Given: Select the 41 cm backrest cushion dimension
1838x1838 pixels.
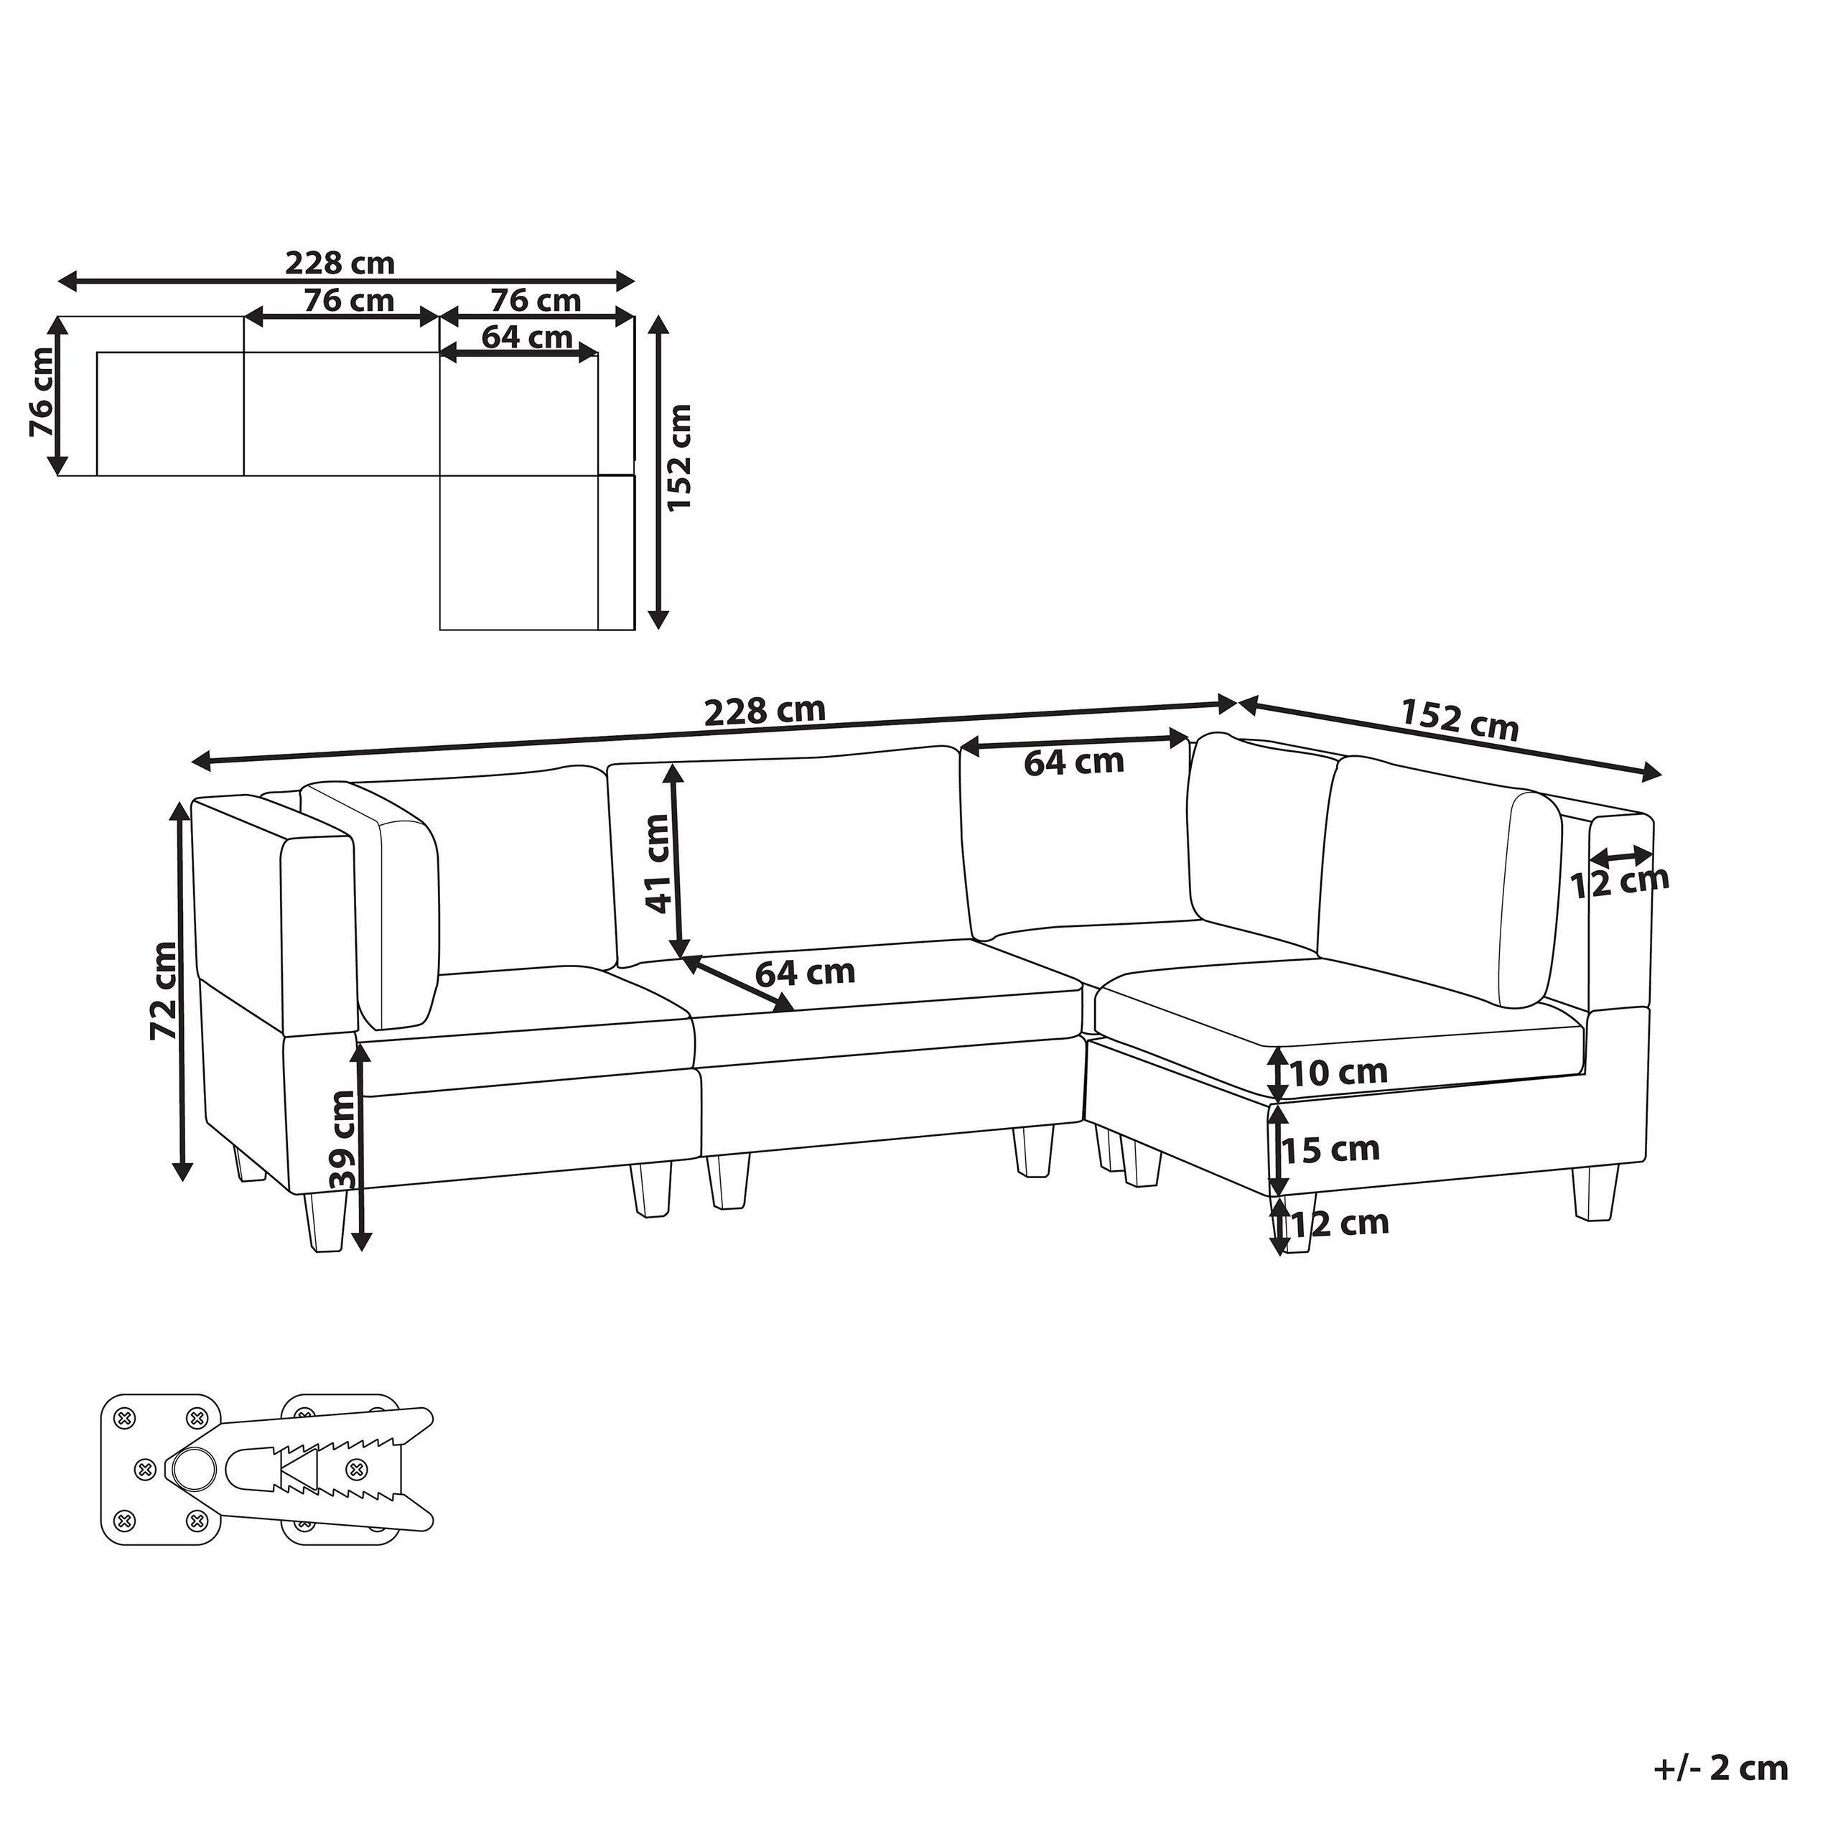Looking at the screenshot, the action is pos(658,864).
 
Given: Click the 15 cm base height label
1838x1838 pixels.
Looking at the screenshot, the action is pos(1330,1150).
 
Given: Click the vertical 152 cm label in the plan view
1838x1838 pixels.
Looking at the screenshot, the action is pos(678,457).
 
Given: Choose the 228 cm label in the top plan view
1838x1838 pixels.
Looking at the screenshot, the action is pos(340,263).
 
